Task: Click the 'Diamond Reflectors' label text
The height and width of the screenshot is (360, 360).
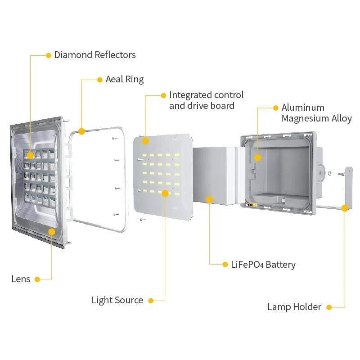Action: pos(95,55)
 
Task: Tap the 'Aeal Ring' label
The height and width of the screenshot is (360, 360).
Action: pos(125,80)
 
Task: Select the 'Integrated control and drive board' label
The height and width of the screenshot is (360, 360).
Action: pos(207,100)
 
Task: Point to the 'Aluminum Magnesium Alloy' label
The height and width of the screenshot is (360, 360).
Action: pos(317,113)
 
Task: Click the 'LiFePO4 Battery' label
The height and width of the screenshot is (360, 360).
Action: pos(263,265)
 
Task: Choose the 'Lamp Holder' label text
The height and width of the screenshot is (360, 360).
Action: pos(294,307)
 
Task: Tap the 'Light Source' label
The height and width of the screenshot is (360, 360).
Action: pos(117,300)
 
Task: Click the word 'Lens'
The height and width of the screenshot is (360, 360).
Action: pos(21,279)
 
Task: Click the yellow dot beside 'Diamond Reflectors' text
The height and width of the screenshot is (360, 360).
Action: pos(49,55)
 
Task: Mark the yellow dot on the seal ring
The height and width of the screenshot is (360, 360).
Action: pos(81,131)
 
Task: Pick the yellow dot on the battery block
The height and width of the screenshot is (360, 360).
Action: pos(209,199)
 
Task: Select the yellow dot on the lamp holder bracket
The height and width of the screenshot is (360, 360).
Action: pos(345,208)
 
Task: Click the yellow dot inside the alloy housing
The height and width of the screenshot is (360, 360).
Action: pos(257,158)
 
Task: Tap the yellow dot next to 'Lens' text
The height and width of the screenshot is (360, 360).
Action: pos(37,279)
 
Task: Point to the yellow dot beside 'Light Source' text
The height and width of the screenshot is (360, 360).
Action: pos(151,301)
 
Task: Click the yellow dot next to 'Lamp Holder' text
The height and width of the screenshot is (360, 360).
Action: pos(329,307)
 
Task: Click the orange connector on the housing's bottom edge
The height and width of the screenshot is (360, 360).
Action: pos(252,205)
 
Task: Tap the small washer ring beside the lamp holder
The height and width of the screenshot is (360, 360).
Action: pos(330,173)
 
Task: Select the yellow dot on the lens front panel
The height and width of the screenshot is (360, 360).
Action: pos(52,232)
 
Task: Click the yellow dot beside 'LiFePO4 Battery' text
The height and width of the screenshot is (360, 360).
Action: pos(225,265)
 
